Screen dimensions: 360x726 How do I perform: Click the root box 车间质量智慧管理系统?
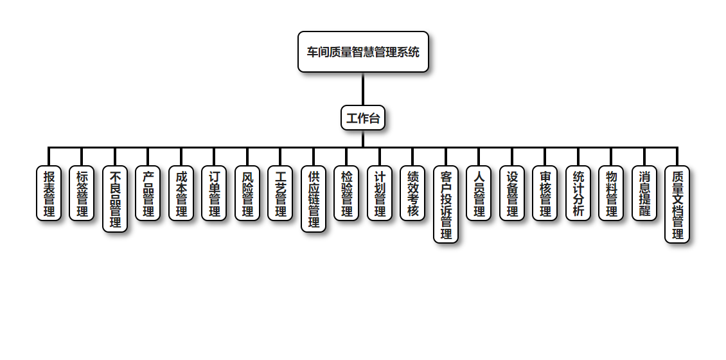[363, 52]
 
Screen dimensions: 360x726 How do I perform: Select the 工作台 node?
[363, 118]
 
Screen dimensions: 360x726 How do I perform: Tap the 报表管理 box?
[49, 194]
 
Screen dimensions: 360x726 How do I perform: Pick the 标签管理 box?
[82, 194]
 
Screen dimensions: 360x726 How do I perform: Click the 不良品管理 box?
[115, 199]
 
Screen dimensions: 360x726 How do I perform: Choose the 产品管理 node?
[148, 194]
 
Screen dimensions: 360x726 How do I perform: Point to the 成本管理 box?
[181, 194]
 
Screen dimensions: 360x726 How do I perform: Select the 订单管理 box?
[214, 194]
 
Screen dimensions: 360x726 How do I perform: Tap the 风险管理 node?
[247, 194]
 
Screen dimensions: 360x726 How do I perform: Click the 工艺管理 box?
[280, 194]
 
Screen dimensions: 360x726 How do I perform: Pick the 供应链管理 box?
[314, 199]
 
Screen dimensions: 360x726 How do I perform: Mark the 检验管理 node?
[346, 194]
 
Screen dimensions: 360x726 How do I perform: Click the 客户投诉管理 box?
[446, 204]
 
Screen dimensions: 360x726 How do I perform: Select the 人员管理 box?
[479, 194]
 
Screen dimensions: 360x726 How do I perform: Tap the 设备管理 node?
[512, 194]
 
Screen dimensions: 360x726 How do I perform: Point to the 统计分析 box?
[578, 194]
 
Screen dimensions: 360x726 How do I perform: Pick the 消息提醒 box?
[644, 194]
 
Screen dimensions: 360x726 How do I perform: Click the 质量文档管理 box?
[677, 204]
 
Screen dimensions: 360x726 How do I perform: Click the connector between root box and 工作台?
[363, 89]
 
